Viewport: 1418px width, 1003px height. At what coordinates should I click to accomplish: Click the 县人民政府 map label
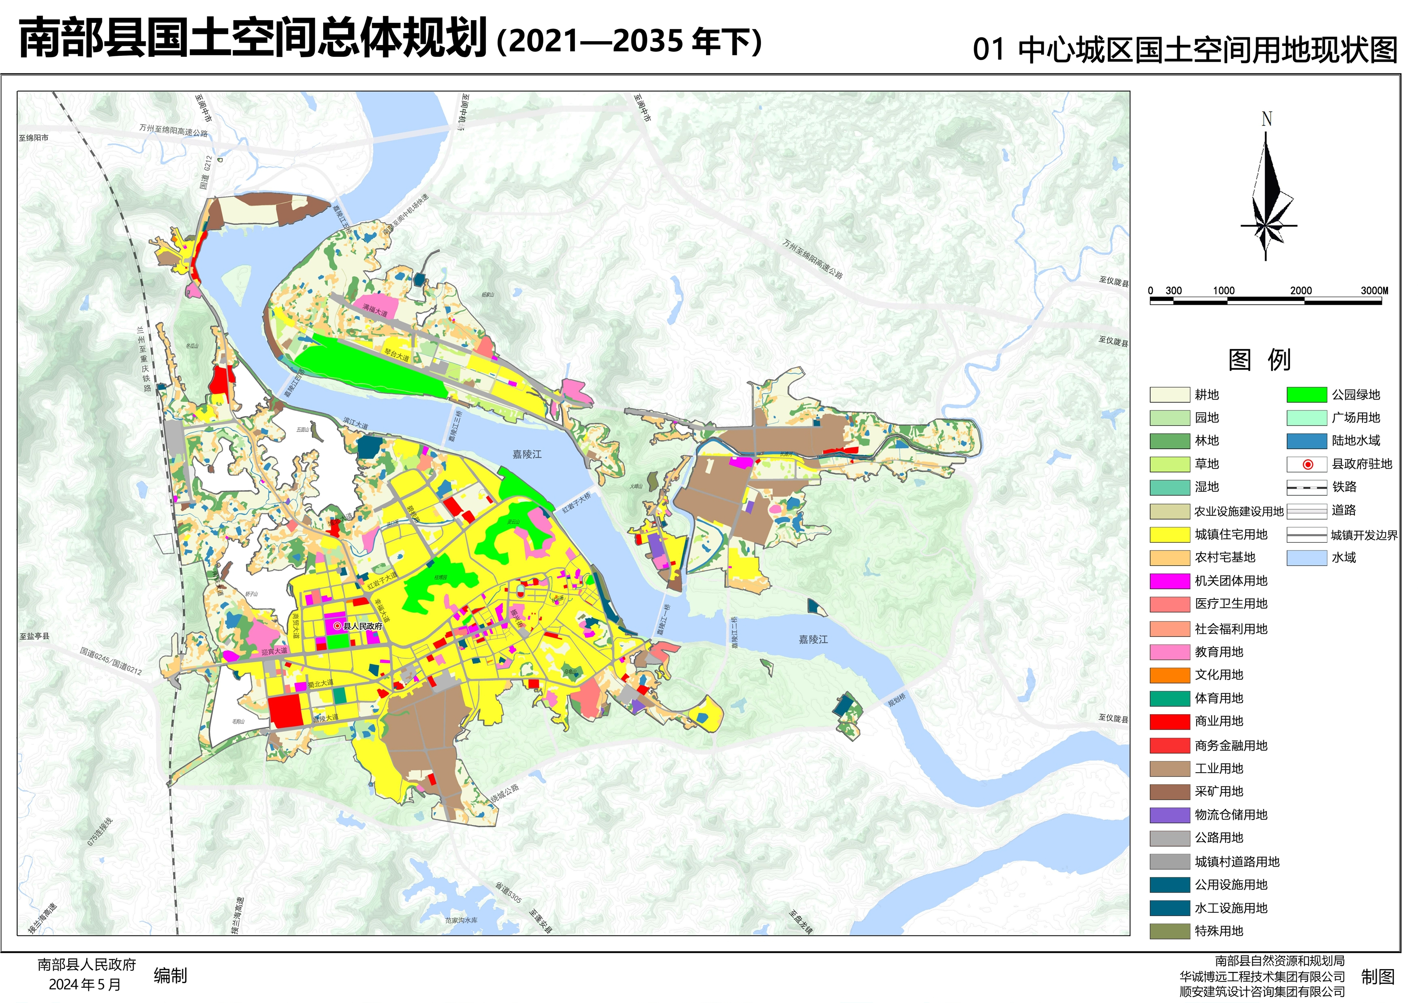click(x=363, y=626)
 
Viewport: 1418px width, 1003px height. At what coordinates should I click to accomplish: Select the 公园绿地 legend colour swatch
click(x=1306, y=394)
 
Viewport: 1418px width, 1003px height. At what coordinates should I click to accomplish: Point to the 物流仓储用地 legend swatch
click(x=1169, y=815)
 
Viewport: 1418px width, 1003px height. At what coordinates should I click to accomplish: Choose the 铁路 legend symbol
click(x=1306, y=487)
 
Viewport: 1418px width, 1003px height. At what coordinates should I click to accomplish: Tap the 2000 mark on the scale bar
click(x=1301, y=290)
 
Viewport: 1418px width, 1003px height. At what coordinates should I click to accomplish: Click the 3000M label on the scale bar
click(x=1374, y=290)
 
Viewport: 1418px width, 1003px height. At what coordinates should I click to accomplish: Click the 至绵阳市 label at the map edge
click(x=34, y=138)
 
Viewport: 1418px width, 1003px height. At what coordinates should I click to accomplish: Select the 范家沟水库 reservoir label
click(x=461, y=920)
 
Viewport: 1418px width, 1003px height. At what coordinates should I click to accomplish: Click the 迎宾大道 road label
click(x=274, y=651)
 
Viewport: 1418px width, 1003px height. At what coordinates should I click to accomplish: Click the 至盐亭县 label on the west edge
click(x=34, y=636)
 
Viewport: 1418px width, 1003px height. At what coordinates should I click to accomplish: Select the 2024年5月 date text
click(x=85, y=985)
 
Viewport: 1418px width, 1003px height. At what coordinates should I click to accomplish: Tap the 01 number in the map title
click(x=988, y=49)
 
